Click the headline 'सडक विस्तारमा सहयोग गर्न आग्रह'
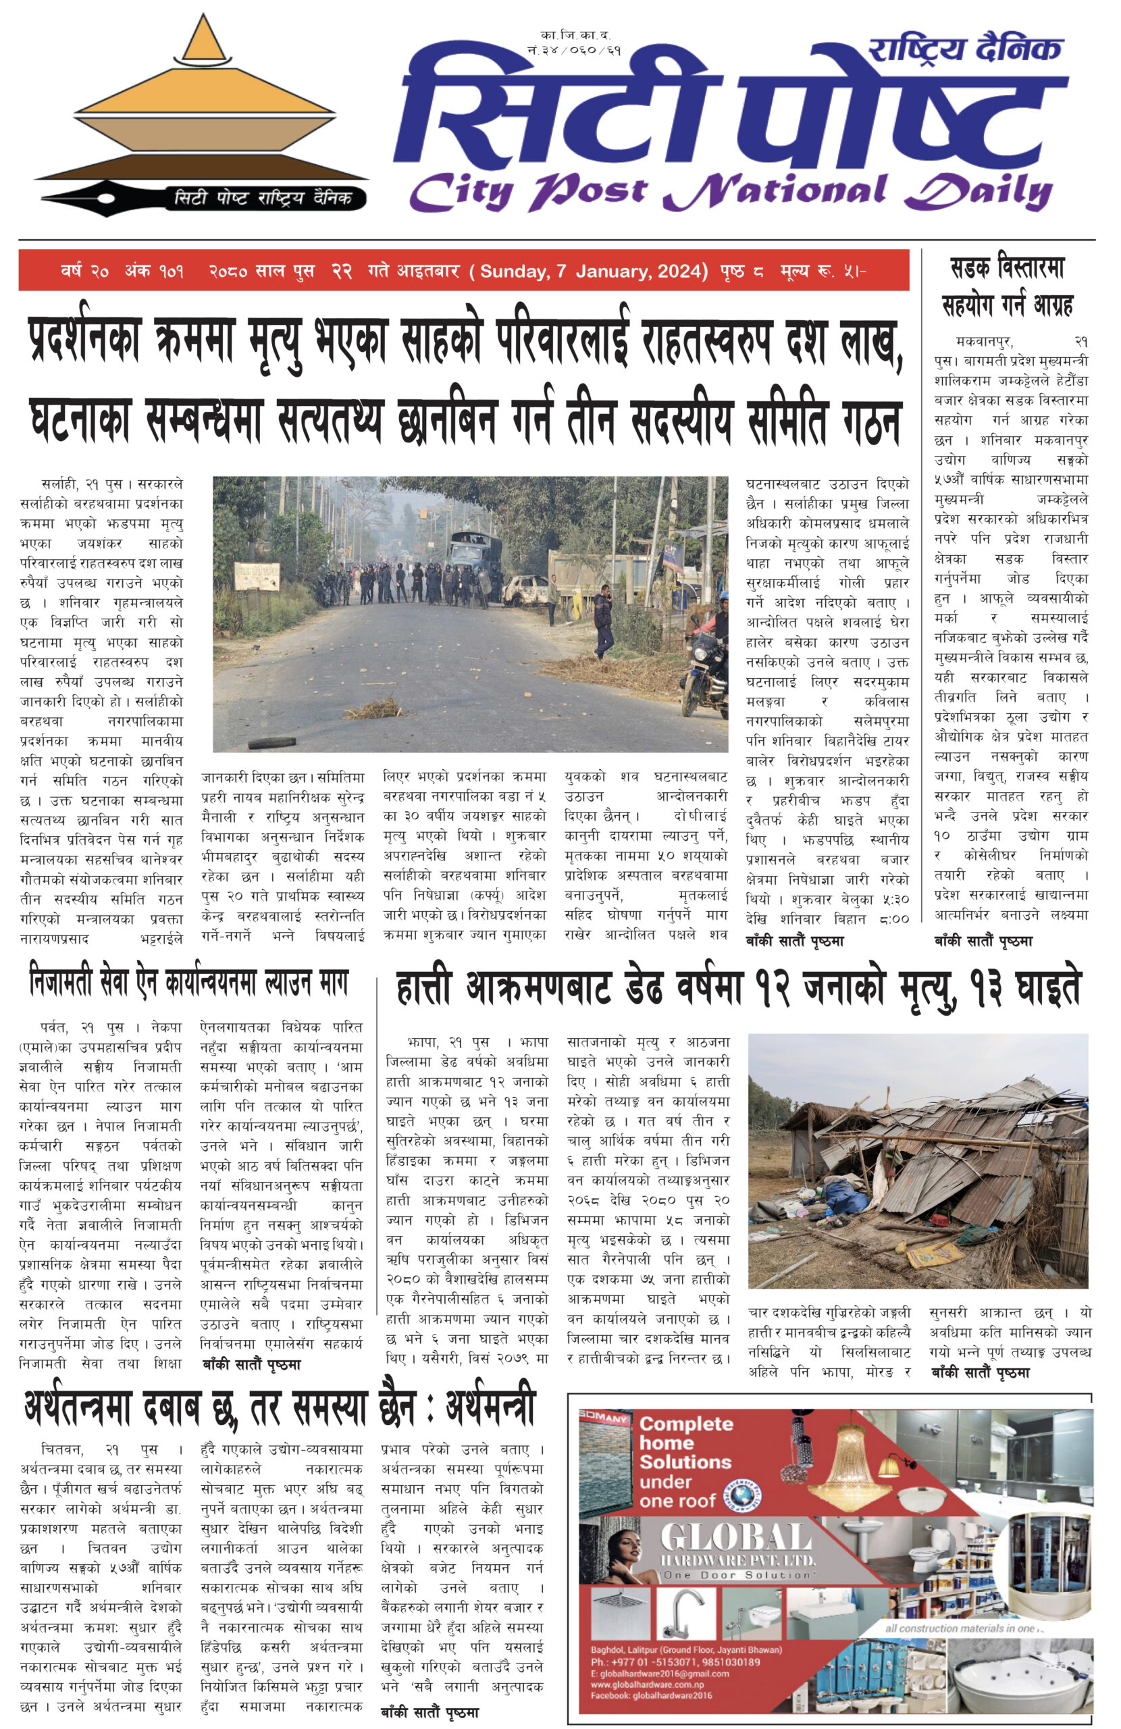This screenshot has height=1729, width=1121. (1007, 286)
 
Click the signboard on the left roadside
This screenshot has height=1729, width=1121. (257, 575)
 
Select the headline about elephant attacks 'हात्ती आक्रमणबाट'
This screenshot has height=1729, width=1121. (737, 989)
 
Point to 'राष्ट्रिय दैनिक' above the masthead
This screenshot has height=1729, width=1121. (965, 49)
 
